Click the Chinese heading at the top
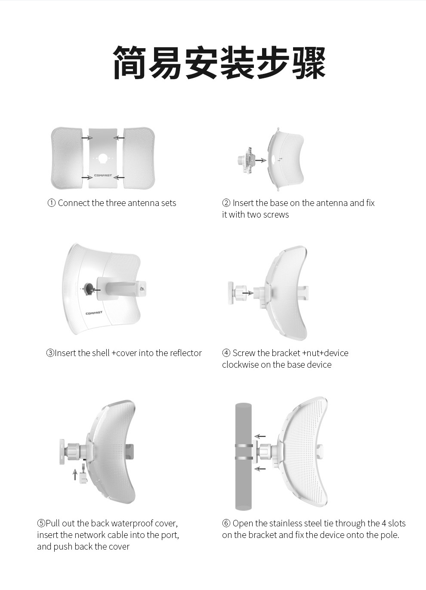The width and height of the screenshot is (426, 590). (219, 63)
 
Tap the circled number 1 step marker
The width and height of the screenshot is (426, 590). (51, 203)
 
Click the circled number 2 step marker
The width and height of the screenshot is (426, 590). (226, 203)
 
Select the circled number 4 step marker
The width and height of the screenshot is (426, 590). (226, 353)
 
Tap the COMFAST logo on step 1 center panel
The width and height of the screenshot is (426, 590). (103, 175)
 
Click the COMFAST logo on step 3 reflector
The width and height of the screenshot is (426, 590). (94, 313)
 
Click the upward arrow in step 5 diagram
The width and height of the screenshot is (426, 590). (75, 474)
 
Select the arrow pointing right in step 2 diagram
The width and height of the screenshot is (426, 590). (261, 160)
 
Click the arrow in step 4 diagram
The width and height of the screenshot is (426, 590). (248, 292)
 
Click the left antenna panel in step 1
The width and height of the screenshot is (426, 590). (67, 158)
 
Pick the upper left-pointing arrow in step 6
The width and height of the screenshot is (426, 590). (260, 436)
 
